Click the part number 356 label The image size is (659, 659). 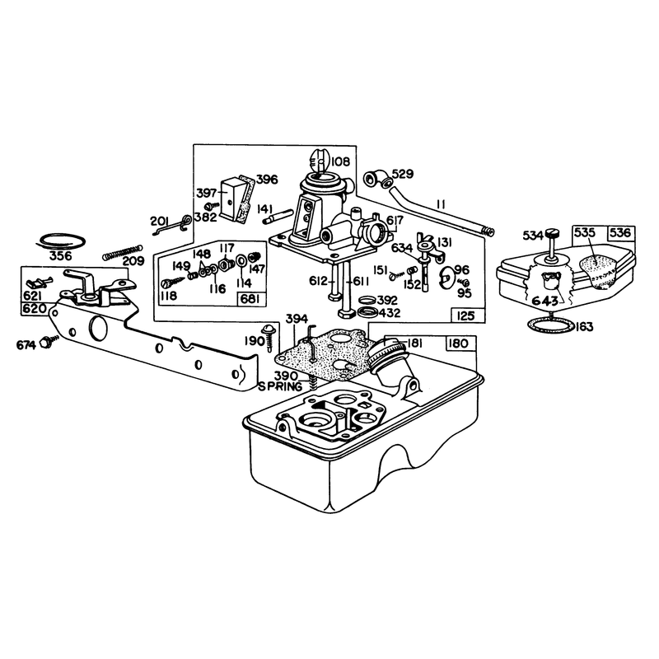(x=61, y=256)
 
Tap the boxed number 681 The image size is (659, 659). (x=253, y=299)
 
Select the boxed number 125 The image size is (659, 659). (x=465, y=315)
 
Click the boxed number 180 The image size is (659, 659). (x=459, y=344)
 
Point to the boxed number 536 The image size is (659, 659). (x=620, y=233)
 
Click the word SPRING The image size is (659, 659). (x=280, y=386)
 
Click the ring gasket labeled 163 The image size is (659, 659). (x=551, y=325)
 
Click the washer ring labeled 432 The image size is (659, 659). (x=367, y=313)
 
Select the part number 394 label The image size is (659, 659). (x=297, y=319)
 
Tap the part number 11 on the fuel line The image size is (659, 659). (x=441, y=204)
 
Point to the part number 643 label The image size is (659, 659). (x=545, y=301)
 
